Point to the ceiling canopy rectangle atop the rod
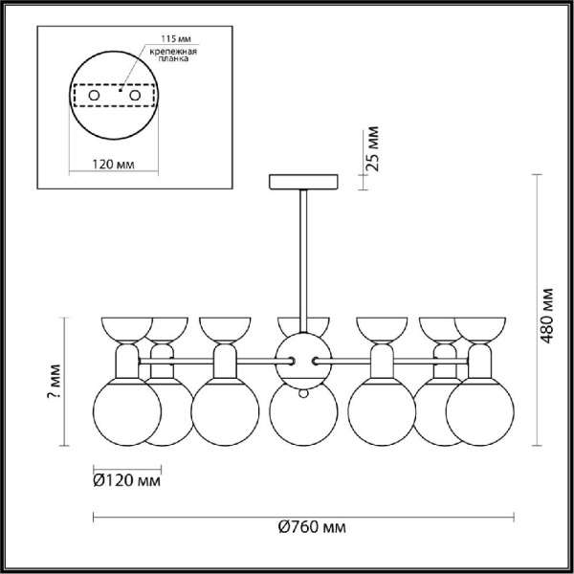click(x=304, y=182)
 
